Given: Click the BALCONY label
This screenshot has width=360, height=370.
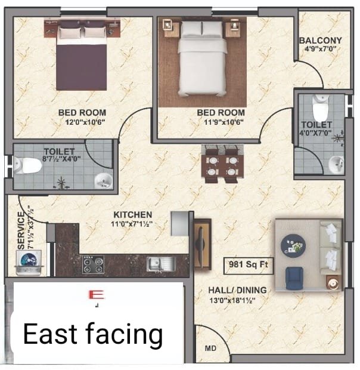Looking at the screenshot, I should pyautogui.click(x=321, y=41).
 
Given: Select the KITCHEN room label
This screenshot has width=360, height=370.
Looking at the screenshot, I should pyautogui.click(x=133, y=214).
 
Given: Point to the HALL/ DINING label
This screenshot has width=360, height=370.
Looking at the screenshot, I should pyautogui.click(x=237, y=290).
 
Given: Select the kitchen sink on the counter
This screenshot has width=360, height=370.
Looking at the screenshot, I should pyautogui.click(x=159, y=263).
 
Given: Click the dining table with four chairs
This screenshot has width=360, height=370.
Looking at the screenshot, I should pyautogui.click(x=221, y=164).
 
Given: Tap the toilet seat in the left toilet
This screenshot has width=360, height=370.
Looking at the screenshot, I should pyautogui.click(x=28, y=165).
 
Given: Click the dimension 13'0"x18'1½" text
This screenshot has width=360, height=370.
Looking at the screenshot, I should pyautogui.click(x=237, y=300).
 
